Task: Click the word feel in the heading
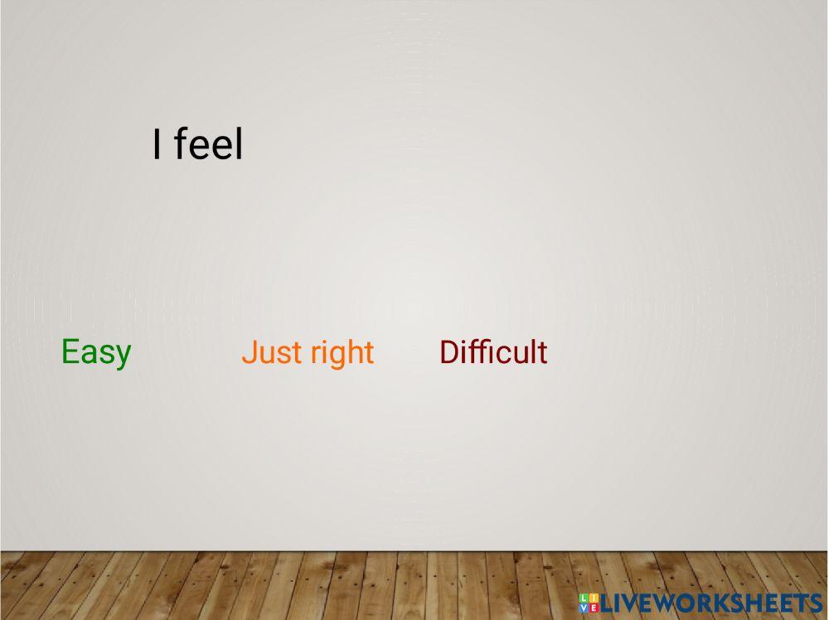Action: pos(208,143)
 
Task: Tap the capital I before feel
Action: pos(156,143)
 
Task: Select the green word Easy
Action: pos(96,352)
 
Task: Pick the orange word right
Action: pos(342,353)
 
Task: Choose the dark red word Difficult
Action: pos(493,352)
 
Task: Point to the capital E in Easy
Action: pos(70,351)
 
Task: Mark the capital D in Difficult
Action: pos(450,352)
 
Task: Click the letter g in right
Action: pos(340,358)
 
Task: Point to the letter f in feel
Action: pos(181,143)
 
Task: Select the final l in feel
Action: pos(240,143)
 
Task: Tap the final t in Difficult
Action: pos(542,354)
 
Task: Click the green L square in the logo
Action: pos(584,598)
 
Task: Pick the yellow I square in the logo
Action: pos(594,598)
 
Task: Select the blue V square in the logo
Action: pos(584,608)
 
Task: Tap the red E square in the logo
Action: pos(594,608)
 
